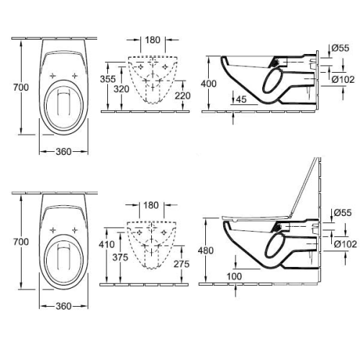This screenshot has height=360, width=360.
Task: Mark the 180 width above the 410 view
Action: point(150,205)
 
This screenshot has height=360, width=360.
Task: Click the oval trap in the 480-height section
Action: point(276,248)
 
